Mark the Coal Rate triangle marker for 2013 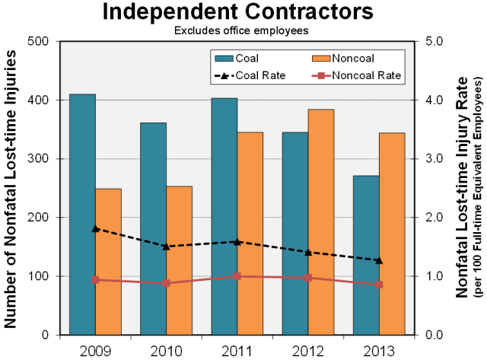click(379, 260)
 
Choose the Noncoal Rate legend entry click(354, 75)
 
